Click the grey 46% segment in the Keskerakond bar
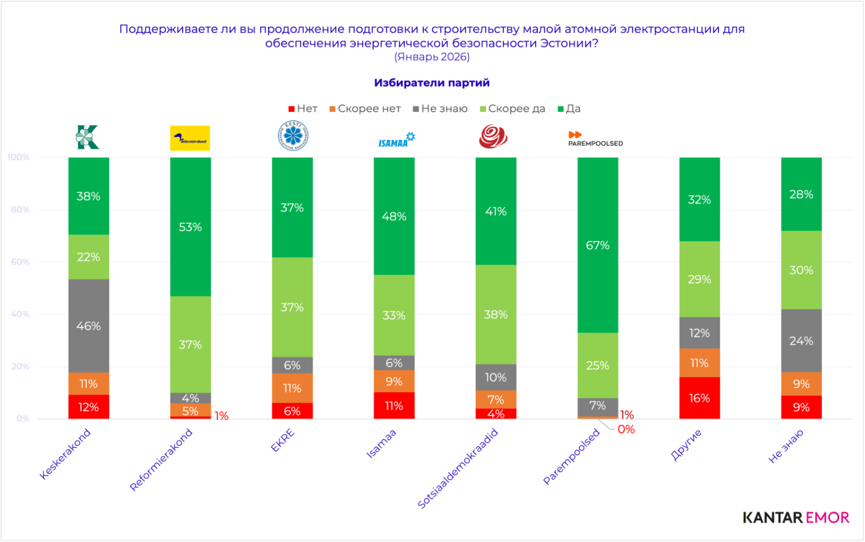point(88,326)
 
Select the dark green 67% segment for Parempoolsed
point(597,245)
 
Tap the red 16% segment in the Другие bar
point(699,398)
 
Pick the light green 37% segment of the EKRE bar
point(292,307)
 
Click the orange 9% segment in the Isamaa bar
point(394,381)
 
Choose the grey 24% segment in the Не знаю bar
point(801,341)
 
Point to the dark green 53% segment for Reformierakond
point(190,227)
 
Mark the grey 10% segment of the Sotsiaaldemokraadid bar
point(495,377)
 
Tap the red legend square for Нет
point(292,109)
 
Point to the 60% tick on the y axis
point(20,262)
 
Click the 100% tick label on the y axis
point(18,157)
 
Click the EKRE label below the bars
point(283,441)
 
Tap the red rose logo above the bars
point(493,137)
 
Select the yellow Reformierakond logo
point(190,138)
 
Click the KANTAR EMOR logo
point(796,517)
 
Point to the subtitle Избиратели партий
point(431,82)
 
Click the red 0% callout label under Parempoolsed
point(626,430)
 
